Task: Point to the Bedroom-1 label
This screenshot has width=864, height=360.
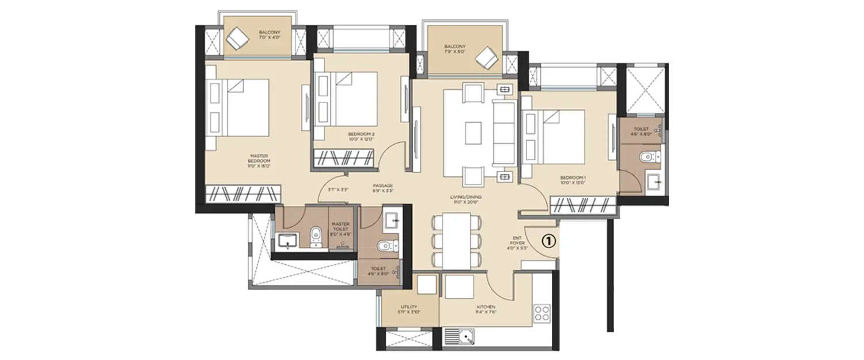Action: (573, 180)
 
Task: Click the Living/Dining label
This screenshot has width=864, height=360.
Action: (466, 199)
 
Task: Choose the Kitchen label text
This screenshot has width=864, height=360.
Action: (486, 310)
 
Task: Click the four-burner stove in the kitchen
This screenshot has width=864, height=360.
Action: (542, 313)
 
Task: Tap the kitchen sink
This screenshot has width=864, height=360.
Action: (460, 336)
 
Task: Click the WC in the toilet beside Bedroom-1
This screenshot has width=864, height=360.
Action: (649, 156)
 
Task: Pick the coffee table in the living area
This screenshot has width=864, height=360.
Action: (473, 133)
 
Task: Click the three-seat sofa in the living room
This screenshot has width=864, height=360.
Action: (505, 133)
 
